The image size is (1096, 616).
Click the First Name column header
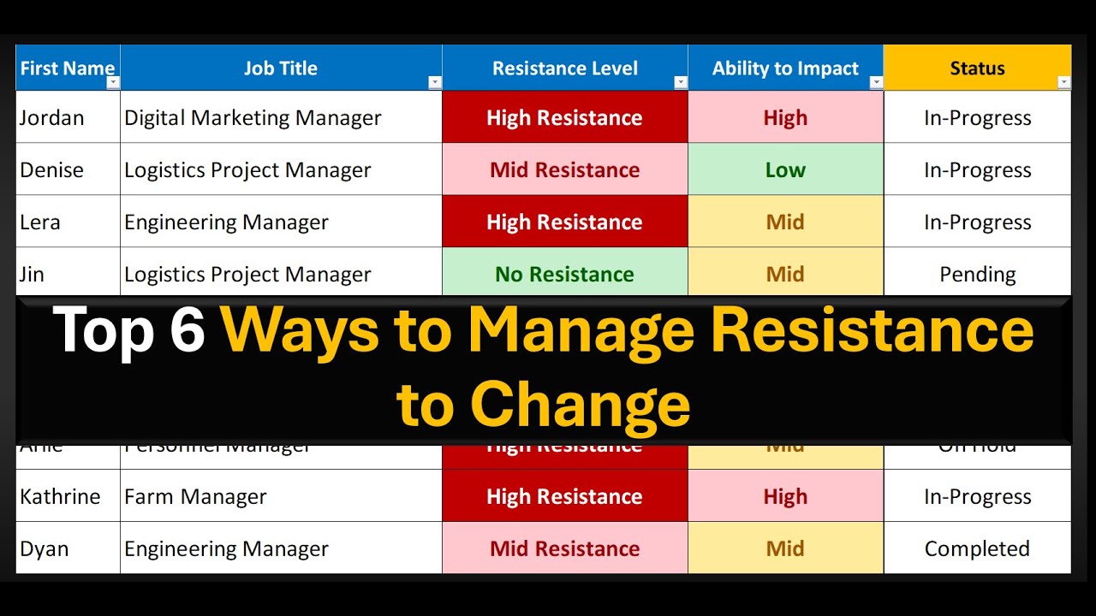tap(67, 68)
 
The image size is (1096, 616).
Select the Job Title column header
tap(280, 68)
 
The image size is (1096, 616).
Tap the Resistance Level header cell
tap(564, 68)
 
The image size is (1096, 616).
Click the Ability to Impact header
tap(785, 68)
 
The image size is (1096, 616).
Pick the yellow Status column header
tap(977, 68)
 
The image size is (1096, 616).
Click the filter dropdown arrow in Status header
tap(1063, 82)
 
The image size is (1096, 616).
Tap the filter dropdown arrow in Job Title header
tap(434, 82)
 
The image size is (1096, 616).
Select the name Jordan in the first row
tap(52, 118)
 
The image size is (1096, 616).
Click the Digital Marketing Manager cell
tap(253, 118)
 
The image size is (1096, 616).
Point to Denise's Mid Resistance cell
tap(564, 170)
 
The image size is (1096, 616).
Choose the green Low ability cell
tap(785, 170)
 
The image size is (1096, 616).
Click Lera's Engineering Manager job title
tap(226, 222)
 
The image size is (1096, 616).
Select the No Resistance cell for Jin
tap(564, 275)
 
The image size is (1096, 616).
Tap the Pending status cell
tap(977, 275)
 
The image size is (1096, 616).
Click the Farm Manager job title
tap(195, 497)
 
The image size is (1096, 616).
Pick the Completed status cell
tap(977, 549)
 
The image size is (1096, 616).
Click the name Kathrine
tap(60, 497)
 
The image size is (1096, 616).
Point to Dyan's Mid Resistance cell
tap(564, 549)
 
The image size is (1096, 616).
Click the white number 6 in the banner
tap(187, 331)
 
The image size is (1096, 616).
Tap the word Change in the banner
tap(580, 405)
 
